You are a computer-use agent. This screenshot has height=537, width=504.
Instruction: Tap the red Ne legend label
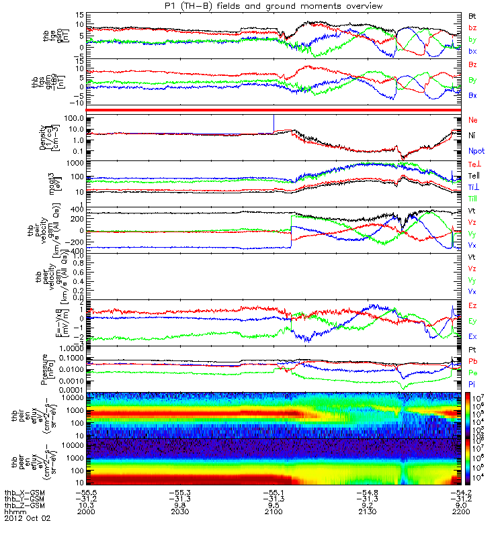[472, 120]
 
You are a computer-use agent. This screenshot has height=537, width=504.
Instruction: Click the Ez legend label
[473, 306]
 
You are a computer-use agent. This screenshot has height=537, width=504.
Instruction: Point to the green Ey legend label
[473, 321]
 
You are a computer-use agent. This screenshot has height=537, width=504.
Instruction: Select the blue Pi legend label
[472, 384]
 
